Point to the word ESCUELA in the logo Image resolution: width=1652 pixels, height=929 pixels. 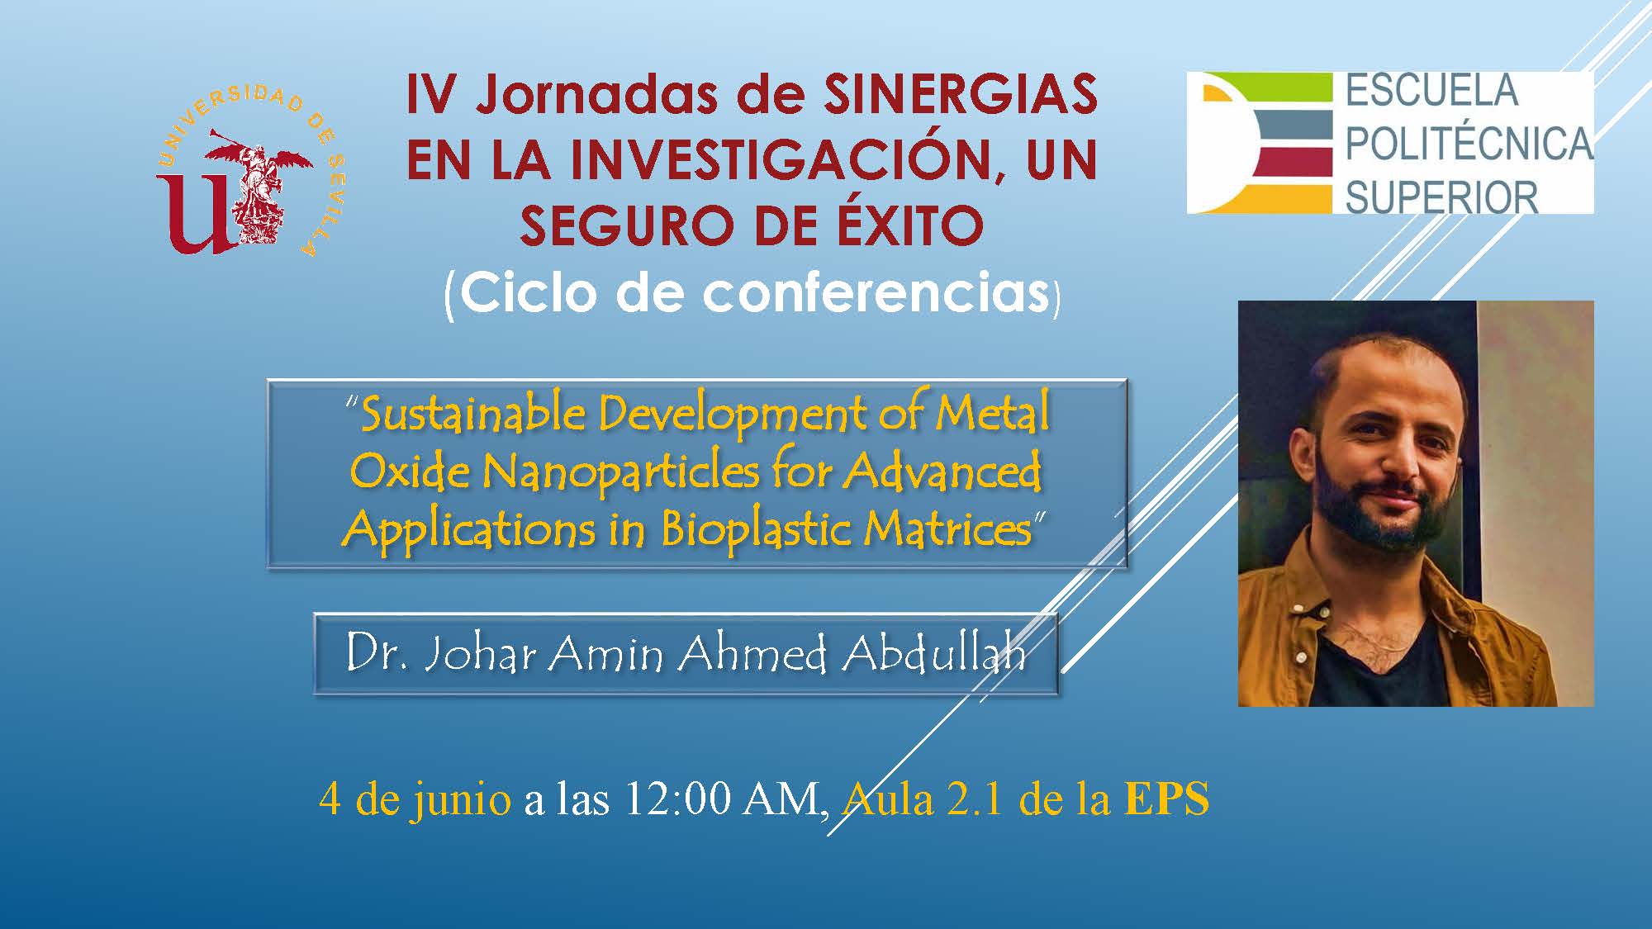coord(1432,91)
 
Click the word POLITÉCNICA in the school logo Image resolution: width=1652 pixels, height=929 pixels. coord(1469,144)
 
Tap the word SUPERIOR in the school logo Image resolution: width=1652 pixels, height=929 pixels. coord(1441,197)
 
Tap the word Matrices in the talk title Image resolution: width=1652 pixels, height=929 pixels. coord(948,528)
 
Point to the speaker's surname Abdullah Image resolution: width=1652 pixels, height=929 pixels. coord(934,654)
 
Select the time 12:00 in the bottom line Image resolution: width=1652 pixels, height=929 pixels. coord(677,799)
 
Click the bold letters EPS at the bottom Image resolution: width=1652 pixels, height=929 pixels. coord(1166,799)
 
